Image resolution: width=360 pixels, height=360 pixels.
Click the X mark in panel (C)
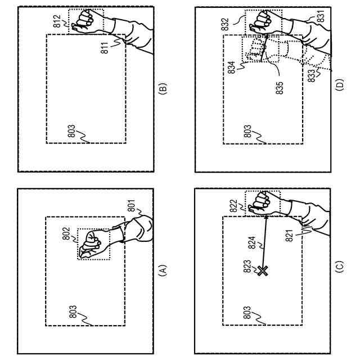[x=262, y=271]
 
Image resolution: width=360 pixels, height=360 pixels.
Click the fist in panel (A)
[x=92, y=244]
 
